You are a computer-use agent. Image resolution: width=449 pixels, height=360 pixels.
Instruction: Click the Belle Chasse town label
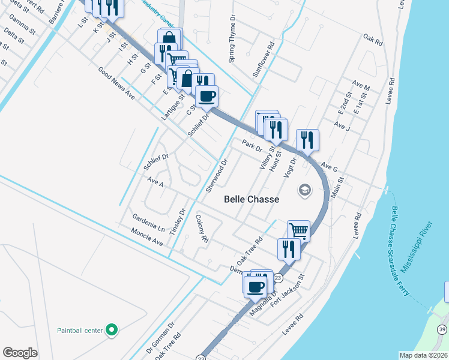point(252,199)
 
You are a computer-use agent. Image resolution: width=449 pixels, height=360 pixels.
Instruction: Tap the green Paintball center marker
point(110,329)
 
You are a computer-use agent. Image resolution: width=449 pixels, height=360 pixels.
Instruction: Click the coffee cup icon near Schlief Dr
point(207,96)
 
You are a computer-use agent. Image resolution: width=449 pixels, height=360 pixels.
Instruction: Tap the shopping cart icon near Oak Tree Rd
point(298,230)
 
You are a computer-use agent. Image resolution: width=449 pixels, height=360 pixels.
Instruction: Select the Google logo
point(20,353)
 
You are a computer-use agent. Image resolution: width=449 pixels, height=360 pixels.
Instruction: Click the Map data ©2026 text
point(423,355)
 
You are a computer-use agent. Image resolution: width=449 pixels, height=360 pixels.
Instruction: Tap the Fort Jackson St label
point(288,291)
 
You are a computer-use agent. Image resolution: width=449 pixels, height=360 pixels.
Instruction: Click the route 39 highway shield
point(442,329)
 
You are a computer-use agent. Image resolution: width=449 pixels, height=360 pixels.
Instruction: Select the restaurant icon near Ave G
point(307,140)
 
